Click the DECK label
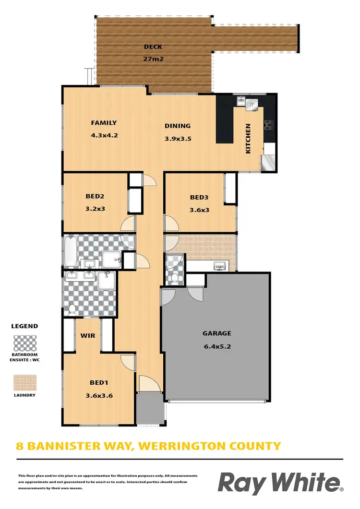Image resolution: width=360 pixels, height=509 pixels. click(x=153, y=47)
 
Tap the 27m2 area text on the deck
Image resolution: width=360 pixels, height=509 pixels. click(x=153, y=59)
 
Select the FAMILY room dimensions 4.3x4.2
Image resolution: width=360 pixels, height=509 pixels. click(x=104, y=135)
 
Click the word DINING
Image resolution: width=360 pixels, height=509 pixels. click(x=178, y=126)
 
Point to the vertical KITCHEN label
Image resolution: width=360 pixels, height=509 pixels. click(x=248, y=139)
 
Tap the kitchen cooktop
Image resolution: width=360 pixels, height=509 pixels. click(x=269, y=125)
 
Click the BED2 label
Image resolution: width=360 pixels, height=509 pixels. click(x=95, y=196)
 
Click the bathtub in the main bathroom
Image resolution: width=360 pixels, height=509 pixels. click(x=71, y=251)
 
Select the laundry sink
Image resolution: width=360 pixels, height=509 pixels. click(x=220, y=266)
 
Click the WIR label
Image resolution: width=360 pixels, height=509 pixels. click(x=88, y=336)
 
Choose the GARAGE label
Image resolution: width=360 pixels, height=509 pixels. click(x=216, y=333)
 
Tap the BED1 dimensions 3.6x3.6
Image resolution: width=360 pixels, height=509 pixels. click(x=99, y=395)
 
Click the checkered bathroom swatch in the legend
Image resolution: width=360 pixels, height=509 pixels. click(x=25, y=343)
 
